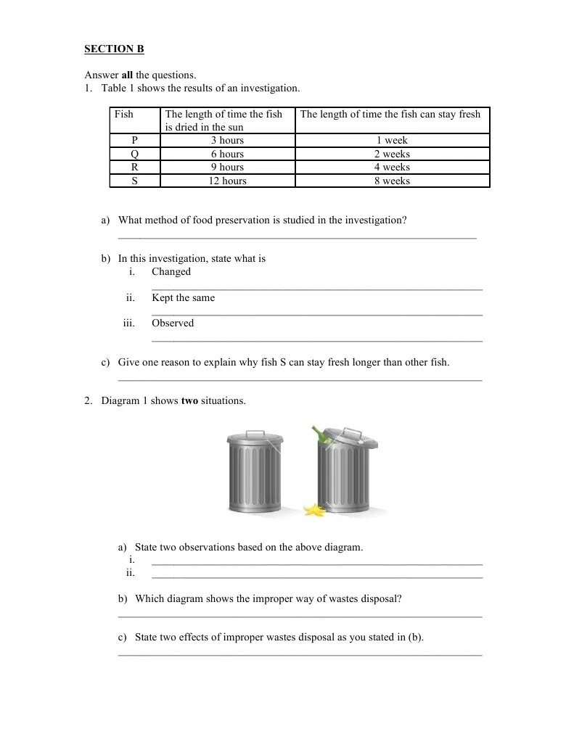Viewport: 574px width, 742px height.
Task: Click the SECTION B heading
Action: click(x=114, y=49)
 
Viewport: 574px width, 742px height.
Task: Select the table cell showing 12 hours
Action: click(x=227, y=181)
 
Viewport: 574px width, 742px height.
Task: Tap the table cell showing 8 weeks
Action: click(x=392, y=181)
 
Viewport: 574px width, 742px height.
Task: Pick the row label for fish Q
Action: click(x=134, y=154)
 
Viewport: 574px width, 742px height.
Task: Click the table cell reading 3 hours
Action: click(x=227, y=140)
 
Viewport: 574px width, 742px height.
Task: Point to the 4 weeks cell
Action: click(x=392, y=167)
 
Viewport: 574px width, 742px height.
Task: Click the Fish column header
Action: click(x=124, y=114)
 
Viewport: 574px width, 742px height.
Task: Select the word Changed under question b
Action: click(x=171, y=271)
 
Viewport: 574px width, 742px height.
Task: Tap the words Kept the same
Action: click(x=183, y=297)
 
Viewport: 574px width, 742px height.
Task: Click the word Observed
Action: click(x=173, y=323)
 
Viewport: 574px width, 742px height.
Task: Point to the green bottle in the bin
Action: click(x=319, y=434)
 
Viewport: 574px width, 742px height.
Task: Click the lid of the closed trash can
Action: click(x=252, y=437)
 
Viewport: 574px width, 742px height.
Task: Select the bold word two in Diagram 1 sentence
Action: click(x=189, y=400)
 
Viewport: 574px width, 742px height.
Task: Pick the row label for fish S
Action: click(x=134, y=181)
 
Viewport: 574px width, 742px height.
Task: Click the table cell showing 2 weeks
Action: click(x=392, y=154)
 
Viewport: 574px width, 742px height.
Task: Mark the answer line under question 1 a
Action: click(x=297, y=237)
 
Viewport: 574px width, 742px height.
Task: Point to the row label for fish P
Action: click(x=134, y=140)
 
